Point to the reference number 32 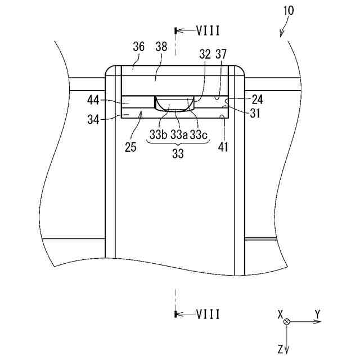pyautogui.click(x=205, y=54)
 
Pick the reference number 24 pyautogui.click(x=257, y=100)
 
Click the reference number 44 pyautogui.click(x=93, y=101)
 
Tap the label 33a pyautogui.click(x=178, y=135)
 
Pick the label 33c pyautogui.click(x=199, y=135)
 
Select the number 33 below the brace pyautogui.click(x=178, y=154)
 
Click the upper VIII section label pyautogui.click(x=209, y=30)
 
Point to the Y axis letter pyautogui.click(x=317, y=313)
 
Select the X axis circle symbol pyautogui.click(x=287, y=322)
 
